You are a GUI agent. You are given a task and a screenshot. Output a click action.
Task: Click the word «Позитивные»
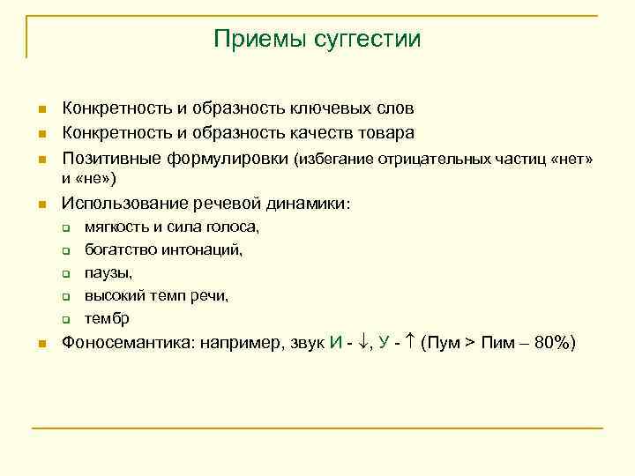coord(109,160)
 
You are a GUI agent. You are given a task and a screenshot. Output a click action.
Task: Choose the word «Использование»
coord(122,204)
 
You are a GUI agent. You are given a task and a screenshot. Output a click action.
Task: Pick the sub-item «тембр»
coord(107,318)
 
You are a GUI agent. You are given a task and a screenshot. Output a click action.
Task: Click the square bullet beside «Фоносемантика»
coord(41,344)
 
